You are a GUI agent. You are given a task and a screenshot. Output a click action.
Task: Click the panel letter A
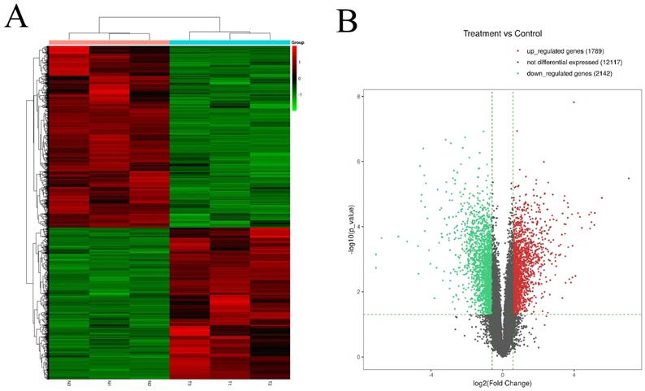click(18, 17)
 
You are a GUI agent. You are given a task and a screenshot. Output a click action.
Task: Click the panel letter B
click(347, 21)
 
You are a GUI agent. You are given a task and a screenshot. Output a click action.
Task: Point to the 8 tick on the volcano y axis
click(357, 97)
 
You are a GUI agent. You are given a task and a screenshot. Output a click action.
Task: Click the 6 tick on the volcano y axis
click(357, 162)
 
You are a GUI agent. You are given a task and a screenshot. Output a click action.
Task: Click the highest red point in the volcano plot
click(574, 102)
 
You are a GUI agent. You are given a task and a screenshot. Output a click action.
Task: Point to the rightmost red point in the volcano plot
click(628, 178)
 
